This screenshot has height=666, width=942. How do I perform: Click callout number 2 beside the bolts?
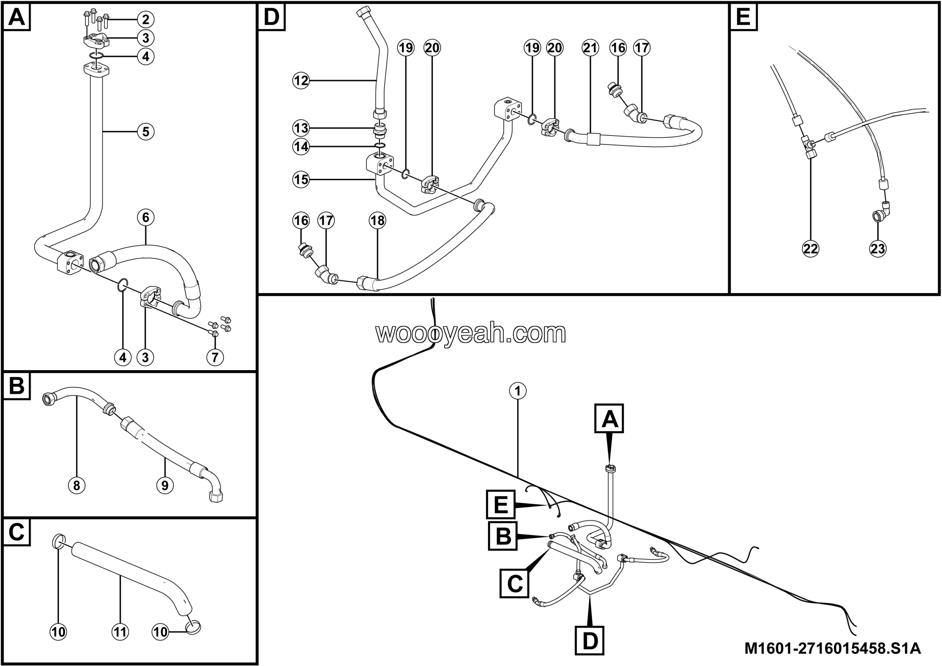(x=146, y=19)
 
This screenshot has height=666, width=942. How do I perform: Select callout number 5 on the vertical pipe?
(x=146, y=132)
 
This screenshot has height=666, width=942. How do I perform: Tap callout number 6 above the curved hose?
(x=146, y=217)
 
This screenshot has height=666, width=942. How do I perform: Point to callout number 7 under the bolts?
(x=215, y=357)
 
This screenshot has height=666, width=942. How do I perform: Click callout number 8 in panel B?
(x=77, y=486)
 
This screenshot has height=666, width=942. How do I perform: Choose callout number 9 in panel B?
(x=165, y=486)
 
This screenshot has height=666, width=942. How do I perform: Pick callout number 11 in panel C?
(x=120, y=631)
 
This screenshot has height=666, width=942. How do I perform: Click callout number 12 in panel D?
(x=301, y=80)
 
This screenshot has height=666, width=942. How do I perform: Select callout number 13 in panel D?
(x=301, y=128)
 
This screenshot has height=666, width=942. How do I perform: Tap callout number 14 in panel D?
(x=301, y=147)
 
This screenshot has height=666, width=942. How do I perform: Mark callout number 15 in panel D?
(x=301, y=179)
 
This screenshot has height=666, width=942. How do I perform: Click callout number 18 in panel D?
(x=378, y=221)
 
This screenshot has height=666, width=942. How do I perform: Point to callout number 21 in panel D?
(x=590, y=48)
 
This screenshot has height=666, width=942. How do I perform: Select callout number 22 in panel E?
(x=811, y=248)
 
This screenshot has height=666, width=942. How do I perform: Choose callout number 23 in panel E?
(x=878, y=248)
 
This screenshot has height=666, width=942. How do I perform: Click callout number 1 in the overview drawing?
(x=518, y=391)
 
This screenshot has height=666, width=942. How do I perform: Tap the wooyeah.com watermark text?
(x=471, y=333)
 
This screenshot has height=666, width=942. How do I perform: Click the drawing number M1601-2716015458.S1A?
(x=832, y=649)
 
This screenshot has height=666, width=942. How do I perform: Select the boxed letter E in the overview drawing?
(x=501, y=504)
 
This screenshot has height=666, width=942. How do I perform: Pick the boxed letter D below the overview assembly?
(x=590, y=641)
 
